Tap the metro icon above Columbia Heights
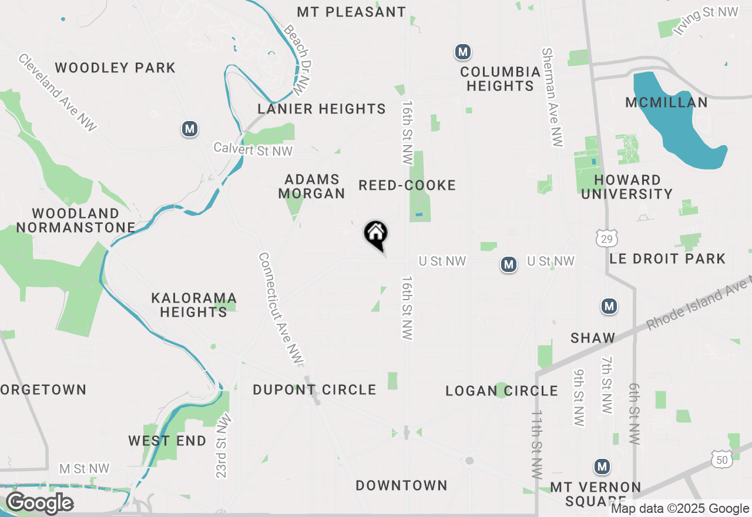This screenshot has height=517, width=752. (x=463, y=52)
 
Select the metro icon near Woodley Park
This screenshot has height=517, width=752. (x=189, y=129)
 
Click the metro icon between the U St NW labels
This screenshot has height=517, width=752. (x=509, y=265)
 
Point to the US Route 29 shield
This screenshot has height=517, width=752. (x=606, y=238)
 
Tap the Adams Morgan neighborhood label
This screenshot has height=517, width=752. (x=311, y=186)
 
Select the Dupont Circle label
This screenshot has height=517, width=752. (x=314, y=390)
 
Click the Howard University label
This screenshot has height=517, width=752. (x=627, y=187)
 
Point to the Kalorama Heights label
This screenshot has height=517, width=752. (x=194, y=305)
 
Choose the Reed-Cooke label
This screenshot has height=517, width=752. (x=407, y=186)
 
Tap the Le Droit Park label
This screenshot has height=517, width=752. (x=667, y=258)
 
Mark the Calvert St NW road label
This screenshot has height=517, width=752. (x=253, y=149)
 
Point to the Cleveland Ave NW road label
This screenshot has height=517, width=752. (x=58, y=93)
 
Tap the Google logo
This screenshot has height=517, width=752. (x=39, y=503)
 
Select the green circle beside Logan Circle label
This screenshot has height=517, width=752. (x=501, y=390)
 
